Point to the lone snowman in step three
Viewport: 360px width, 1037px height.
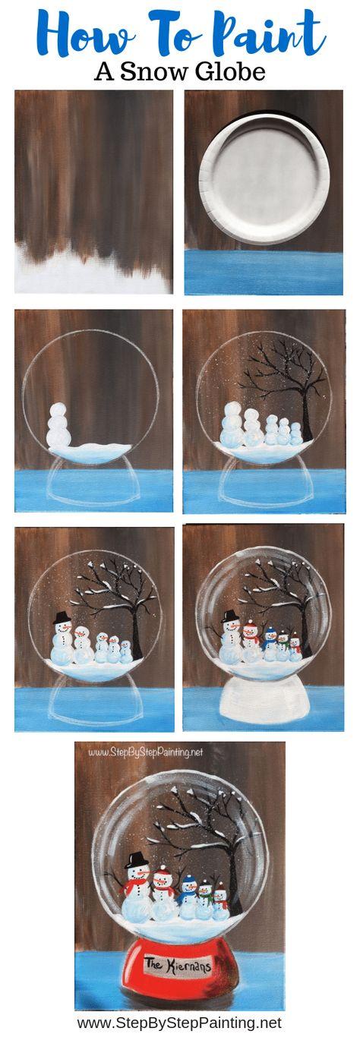pyautogui.click(x=58, y=427)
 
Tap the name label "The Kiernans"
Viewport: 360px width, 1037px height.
pyautogui.click(x=179, y=966)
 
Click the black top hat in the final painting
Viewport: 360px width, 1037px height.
pyautogui.click(x=137, y=860)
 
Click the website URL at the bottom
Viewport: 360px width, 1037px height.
pyautogui.click(x=179, y=1023)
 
